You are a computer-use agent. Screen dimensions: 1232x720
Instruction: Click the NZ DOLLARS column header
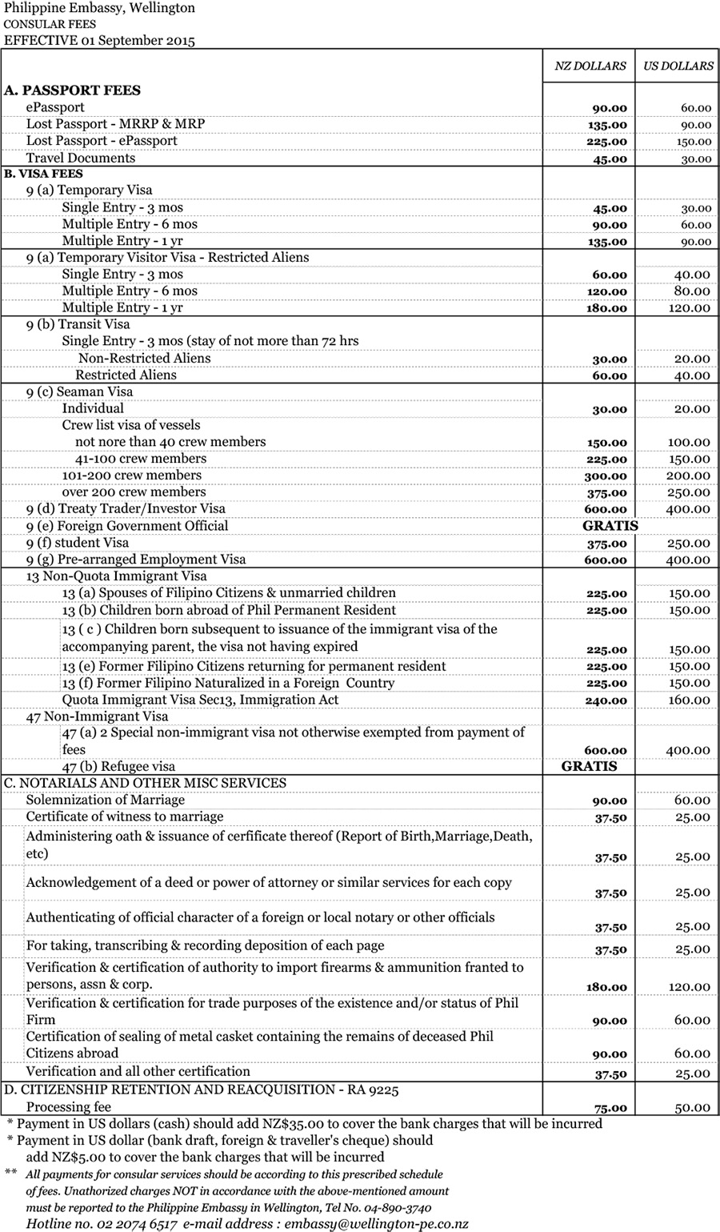pos(590,66)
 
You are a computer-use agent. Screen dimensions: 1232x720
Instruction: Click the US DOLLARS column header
pos(678,66)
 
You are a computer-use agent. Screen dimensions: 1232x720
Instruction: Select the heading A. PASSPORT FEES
pos(72,90)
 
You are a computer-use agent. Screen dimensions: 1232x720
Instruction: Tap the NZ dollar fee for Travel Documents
pos(610,159)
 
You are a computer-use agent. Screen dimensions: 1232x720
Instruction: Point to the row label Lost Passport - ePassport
pos(102,141)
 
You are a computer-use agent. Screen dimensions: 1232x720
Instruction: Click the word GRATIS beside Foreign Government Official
pos(610,526)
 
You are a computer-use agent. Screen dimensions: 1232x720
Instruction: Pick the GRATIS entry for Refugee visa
pos(590,766)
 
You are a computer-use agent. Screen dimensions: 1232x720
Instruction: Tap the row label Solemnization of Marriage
pos(105,800)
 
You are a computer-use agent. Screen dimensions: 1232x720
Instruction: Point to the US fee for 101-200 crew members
pos(689,476)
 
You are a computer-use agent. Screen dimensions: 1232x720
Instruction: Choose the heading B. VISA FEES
pos(43,174)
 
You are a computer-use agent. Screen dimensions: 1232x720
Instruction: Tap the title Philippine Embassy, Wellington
pos(99,8)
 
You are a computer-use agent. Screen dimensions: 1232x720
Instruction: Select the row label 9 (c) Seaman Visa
pos(79,391)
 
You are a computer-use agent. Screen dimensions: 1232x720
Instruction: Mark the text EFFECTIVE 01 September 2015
pos(99,40)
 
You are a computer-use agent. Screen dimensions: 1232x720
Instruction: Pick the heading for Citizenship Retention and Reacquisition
pos(201,1090)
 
